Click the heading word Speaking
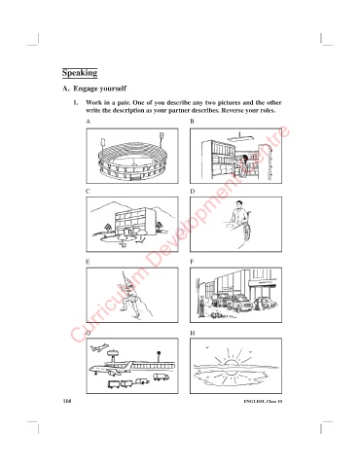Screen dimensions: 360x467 [x=80, y=73]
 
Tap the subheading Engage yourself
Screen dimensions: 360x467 [x=99, y=89]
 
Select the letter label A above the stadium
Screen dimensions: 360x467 [x=88, y=122]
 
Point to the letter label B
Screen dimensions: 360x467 [x=192, y=122]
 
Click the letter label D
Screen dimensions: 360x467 [x=192, y=192]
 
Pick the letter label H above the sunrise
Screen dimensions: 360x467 [x=193, y=333]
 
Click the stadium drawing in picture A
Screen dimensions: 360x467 [x=132, y=161]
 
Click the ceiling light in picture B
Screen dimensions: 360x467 [x=239, y=138]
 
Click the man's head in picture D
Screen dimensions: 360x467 [x=239, y=204]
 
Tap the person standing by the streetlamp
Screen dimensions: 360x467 [x=201, y=307]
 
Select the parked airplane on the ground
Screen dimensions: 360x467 [x=110, y=369]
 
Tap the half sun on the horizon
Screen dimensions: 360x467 [x=232, y=363]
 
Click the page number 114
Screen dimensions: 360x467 [x=67, y=401]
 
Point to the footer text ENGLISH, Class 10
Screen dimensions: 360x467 [x=263, y=402]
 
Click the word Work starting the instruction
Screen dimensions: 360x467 [x=93, y=103]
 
